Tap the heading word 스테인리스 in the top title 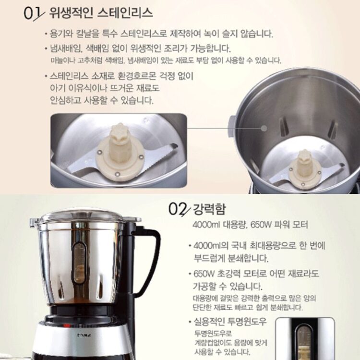click(125, 12)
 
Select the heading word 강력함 click(209, 209)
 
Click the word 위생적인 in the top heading click(71, 13)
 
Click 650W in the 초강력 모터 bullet click(204, 274)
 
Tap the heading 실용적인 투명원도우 click(230, 322)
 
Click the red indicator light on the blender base click(67, 325)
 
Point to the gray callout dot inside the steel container click(264, 128)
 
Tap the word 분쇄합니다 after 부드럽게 click(248, 258)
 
